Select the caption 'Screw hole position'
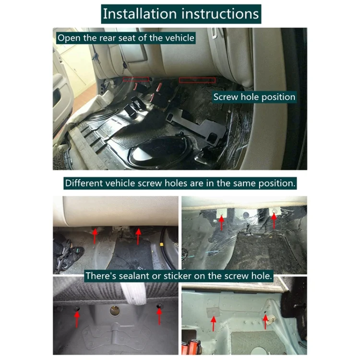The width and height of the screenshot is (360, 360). (x=254, y=97)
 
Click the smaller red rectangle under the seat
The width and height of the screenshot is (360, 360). (x=136, y=79)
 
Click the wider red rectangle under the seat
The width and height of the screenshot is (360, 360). (x=197, y=80)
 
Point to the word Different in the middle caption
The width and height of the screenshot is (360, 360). (x=84, y=183)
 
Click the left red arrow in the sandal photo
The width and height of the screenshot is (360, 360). (x=95, y=236)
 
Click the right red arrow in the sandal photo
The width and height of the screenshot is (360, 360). (x=138, y=237)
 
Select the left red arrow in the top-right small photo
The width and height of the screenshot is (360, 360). (x=221, y=222)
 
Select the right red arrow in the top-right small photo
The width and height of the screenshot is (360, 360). (x=274, y=221)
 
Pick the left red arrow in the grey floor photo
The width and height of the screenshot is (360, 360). (x=77, y=319)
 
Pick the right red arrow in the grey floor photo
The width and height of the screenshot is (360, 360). (x=159, y=316)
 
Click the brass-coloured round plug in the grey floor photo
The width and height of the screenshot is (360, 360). (x=115, y=311)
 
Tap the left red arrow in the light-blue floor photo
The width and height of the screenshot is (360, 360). (x=214, y=324)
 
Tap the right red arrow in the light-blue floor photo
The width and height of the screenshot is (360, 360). (x=265, y=322)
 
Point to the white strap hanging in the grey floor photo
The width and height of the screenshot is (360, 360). (x=134, y=293)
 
